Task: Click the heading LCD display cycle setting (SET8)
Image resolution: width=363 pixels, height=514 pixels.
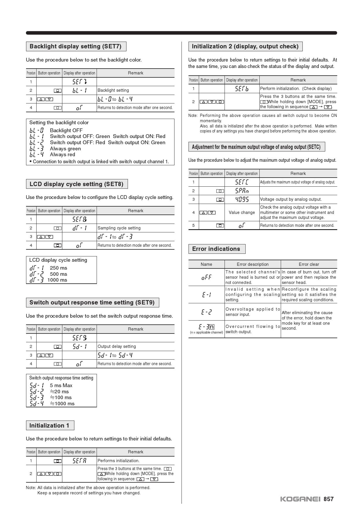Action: pos(76,184)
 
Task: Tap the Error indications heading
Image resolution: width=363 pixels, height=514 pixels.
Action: pos(216,249)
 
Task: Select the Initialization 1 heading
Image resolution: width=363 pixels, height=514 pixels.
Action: pos(49,426)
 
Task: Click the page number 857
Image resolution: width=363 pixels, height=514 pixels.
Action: pos(328,499)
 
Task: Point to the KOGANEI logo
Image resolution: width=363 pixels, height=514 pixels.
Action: pos(300,499)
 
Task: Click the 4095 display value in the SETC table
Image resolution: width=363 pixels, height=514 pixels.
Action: pos(242,199)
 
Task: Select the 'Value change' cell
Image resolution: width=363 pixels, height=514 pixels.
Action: pos(242,212)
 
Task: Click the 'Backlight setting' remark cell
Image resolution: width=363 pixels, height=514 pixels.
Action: pos(113,90)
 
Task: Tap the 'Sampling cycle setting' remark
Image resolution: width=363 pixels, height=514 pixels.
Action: pos(119,228)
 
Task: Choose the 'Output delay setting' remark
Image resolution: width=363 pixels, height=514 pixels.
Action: pos(117,346)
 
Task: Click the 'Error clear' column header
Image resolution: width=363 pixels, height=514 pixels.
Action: pos(309,264)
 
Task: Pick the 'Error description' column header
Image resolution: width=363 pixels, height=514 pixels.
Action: pos(253,264)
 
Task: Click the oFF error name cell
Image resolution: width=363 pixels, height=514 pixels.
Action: pos(206,277)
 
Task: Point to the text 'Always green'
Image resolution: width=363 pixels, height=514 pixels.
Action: pos(65,149)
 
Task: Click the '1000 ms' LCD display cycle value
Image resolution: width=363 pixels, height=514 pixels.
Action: pos(57,280)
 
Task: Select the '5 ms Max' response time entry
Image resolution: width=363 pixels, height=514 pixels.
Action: pos(61,385)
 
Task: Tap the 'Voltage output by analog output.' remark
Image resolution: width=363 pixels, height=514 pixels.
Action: pos(291,199)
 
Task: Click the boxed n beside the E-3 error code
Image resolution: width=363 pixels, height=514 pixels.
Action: pos(212,327)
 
